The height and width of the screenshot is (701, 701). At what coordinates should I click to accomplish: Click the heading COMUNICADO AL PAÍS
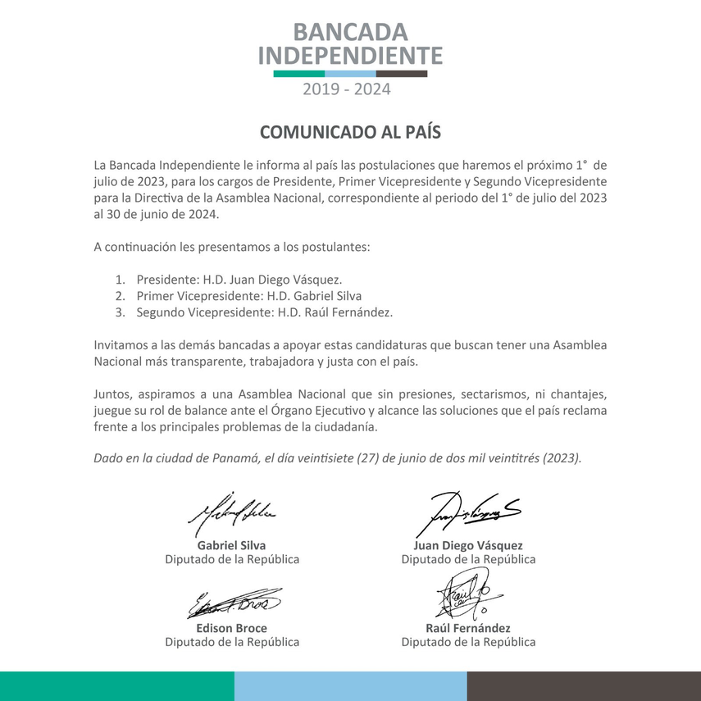point(350,132)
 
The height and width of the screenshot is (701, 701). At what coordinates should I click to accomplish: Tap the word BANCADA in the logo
point(350,32)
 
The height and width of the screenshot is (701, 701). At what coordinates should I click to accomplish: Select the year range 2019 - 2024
point(347,89)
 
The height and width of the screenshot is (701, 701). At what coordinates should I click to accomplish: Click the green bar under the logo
point(298,74)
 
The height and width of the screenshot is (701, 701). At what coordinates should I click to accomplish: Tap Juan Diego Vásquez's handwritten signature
point(467,512)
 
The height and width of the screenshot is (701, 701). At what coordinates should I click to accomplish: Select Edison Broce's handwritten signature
point(234,604)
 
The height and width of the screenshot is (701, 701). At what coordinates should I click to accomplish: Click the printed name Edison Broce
point(232,628)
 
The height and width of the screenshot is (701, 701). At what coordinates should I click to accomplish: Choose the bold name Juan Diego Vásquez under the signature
point(468,545)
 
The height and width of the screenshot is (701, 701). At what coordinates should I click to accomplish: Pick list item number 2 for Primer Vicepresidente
point(248,296)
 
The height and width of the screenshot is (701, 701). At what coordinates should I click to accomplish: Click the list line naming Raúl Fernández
point(265,312)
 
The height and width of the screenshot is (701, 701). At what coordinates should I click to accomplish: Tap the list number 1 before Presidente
point(120,279)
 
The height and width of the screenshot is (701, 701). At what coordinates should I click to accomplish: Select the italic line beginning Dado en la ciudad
point(338,457)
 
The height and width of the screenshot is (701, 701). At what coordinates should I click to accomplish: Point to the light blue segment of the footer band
point(350,685)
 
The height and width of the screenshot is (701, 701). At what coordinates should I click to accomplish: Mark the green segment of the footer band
point(116,685)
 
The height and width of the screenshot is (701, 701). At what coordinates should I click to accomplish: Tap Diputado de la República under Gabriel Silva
point(232,559)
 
